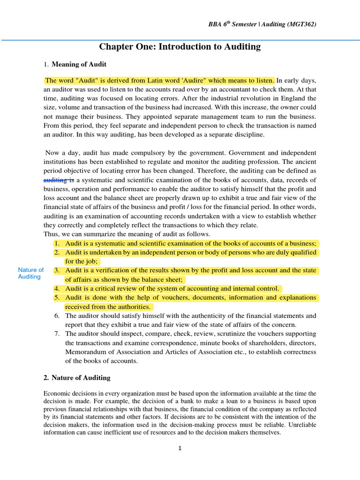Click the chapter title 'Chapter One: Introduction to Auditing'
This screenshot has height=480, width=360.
180,46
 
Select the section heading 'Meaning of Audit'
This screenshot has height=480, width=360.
79,64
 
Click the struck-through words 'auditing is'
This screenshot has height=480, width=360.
59,180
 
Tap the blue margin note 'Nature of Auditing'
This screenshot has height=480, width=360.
30,273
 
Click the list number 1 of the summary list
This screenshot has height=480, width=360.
57,243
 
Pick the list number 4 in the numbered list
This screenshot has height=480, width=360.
57,288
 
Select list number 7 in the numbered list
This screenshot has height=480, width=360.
57,334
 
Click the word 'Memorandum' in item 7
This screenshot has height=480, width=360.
84,352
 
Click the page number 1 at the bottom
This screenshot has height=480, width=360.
180,448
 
